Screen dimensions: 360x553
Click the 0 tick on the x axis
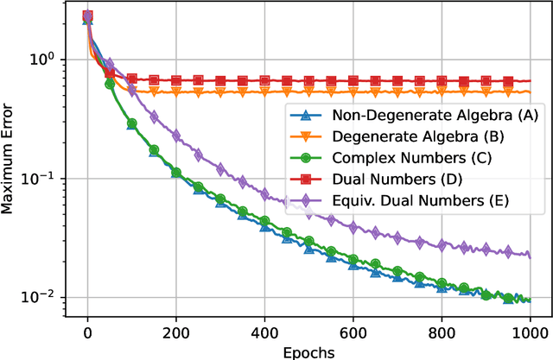pos(87,332)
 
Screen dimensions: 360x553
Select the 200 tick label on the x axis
pos(176,332)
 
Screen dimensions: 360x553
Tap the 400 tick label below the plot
pos(264,332)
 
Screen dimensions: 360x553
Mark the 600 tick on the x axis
pos(353,332)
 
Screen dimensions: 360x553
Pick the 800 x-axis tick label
pos(442,332)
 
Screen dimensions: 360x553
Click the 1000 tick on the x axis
pos(530,332)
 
